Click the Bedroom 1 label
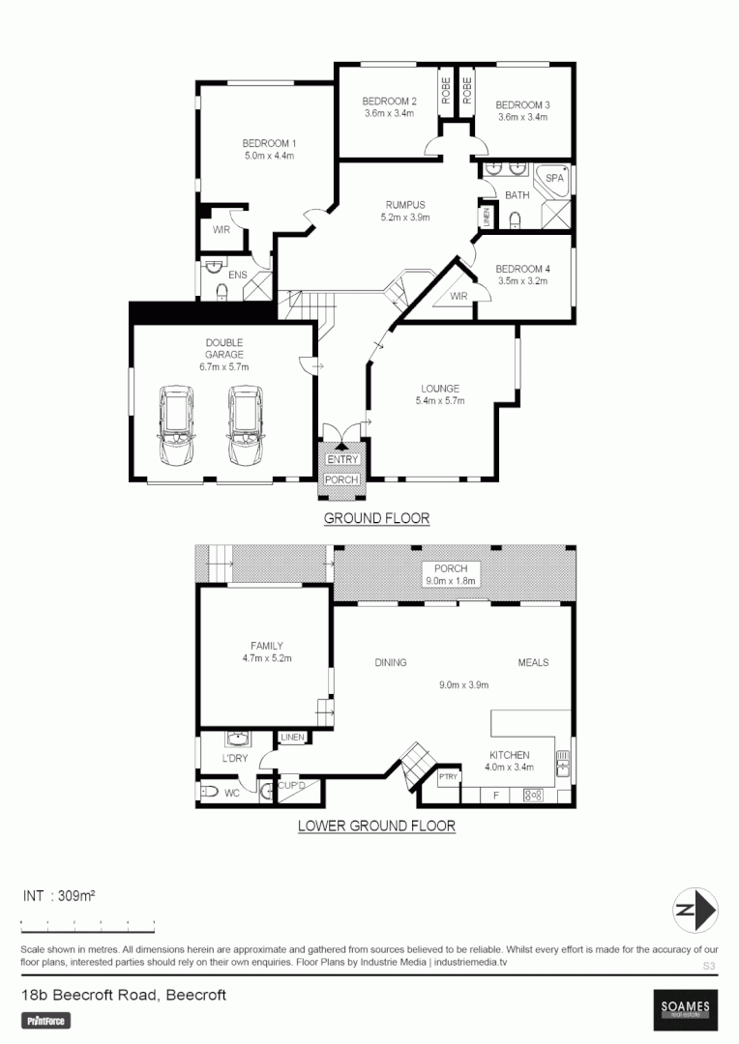pos(268,143)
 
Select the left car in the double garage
pos(176,425)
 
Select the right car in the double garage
pos(244,425)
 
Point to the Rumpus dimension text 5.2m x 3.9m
pos(404,217)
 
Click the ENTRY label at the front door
pos(340,459)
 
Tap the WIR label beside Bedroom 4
pos(458,297)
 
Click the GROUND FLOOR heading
pos(376,518)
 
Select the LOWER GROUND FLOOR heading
pos(376,826)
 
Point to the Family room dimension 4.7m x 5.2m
pos(267,657)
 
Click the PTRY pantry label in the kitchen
pos(448,776)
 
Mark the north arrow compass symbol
pos(695,910)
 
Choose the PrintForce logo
pos(45,1020)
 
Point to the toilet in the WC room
pos(207,793)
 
